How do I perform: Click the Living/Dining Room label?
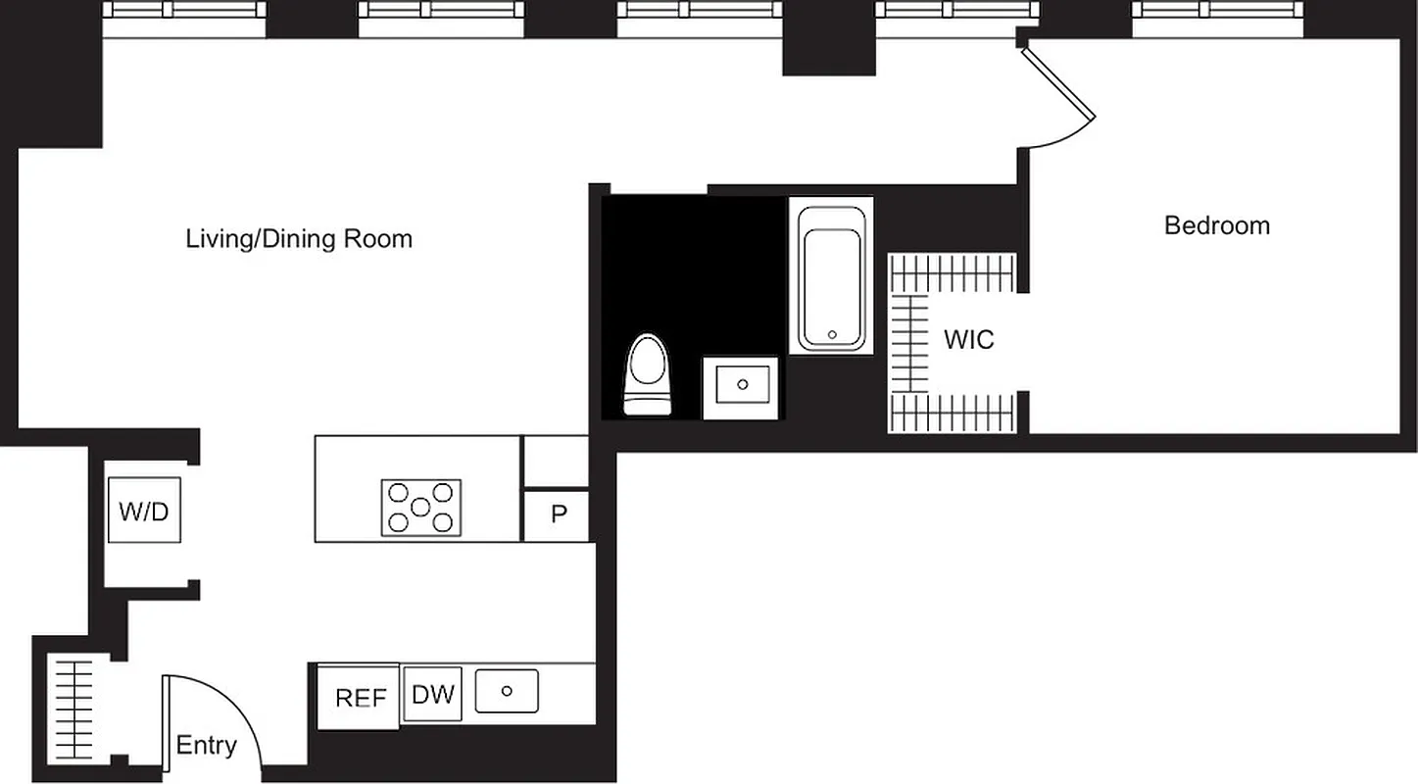[299, 239]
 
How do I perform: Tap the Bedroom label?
[1216, 225]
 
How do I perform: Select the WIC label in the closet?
[968, 340]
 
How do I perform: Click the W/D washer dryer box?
[144, 510]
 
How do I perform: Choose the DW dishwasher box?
[432, 695]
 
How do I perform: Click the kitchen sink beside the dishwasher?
[507, 691]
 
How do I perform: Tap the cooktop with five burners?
[420, 508]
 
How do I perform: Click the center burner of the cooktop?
[420, 508]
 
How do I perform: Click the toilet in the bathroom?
[648, 374]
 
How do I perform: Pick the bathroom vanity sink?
[742, 386]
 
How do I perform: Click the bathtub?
[832, 278]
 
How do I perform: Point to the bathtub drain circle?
[832, 334]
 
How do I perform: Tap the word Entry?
[206, 746]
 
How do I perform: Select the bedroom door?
[1058, 83]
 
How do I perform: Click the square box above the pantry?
[555, 463]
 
